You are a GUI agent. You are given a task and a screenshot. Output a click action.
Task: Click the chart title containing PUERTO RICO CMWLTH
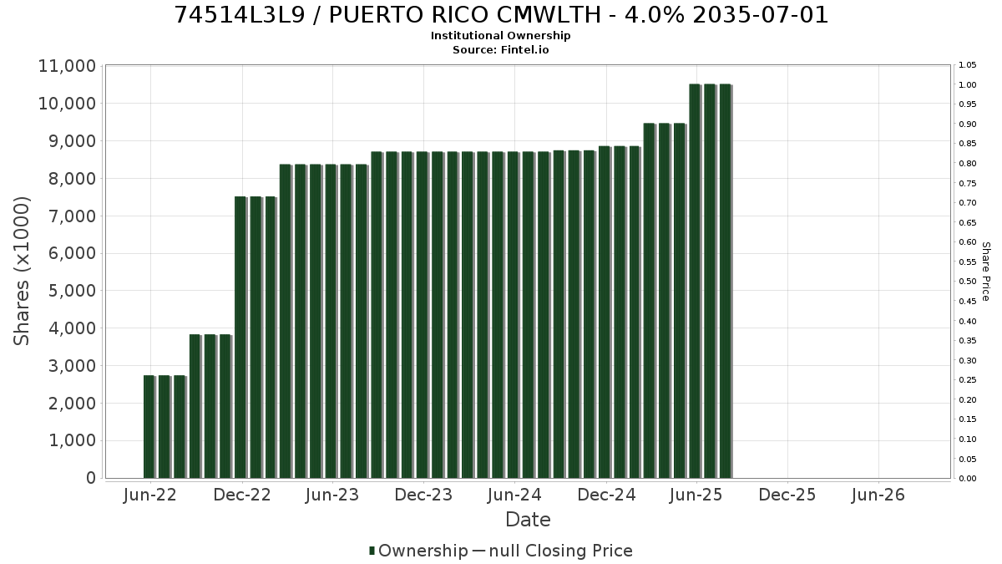[500, 15]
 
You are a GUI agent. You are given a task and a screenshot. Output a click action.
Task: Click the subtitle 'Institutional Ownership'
[500, 36]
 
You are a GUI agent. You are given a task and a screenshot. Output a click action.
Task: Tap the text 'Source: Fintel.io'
[500, 49]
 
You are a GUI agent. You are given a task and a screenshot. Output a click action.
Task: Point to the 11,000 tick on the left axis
[67, 66]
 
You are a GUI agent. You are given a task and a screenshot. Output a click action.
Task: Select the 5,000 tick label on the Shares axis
[72, 291]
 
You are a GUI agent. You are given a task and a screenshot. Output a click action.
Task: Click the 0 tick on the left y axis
[91, 478]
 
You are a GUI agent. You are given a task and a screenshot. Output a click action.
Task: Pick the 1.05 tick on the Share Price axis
[968, 65]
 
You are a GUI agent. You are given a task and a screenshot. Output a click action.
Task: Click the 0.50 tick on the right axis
[968, 282]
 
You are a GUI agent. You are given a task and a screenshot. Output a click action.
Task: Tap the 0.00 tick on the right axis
[968, 479]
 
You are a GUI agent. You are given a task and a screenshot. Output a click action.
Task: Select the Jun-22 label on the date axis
[149, 495]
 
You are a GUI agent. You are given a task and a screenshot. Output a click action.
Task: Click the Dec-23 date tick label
[423, 495]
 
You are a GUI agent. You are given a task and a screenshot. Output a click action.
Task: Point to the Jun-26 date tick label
[878, 495]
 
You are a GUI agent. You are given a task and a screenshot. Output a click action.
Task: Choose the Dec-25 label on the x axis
[787, 495]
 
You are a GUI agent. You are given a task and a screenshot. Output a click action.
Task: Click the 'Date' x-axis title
[528, 520]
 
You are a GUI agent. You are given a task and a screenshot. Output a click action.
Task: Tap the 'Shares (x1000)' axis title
[21, 272]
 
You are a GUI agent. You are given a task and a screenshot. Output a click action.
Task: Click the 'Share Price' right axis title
[985, 272]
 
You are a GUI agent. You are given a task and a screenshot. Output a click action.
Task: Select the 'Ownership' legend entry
[418, 551]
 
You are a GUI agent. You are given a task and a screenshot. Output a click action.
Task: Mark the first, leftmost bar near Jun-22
[149, 427]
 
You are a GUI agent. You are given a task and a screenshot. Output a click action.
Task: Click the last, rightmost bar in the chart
[726, 281]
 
